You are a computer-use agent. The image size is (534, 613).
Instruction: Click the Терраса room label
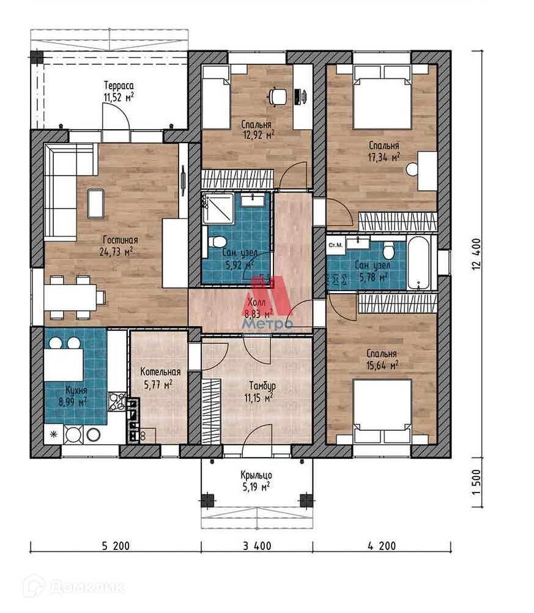click(x=119, y=85)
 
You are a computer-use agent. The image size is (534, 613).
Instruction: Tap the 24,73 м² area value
click(x=116, y=251)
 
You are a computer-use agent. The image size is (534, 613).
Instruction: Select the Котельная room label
click(x=160, y=371)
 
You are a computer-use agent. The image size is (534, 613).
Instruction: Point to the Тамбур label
click(x=262, y=386)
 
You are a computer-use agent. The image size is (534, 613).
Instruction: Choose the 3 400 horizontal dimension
click(x=257, y=546)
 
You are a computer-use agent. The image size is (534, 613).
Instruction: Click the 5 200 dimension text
click(x=116, y=546)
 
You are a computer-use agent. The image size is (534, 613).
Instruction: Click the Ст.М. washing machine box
click(x=336, y=245)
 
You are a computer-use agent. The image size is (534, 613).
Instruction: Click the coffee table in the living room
click(x=95, y=203)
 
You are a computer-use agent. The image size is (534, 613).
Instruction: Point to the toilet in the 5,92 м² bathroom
click(x=216, y=242)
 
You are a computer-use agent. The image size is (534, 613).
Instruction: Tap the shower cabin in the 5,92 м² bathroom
click(x=218, y=208)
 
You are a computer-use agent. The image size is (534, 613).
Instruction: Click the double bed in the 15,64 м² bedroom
click(x=382, y=411)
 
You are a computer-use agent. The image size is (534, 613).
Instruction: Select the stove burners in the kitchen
click(x=117, y=401)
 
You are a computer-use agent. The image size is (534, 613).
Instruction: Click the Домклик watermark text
click(x=87, y=587)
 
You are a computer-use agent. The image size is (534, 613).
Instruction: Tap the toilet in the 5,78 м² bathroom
click(x=388, y=251)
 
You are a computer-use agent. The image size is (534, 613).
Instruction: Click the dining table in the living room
click(x=70, y=297)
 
